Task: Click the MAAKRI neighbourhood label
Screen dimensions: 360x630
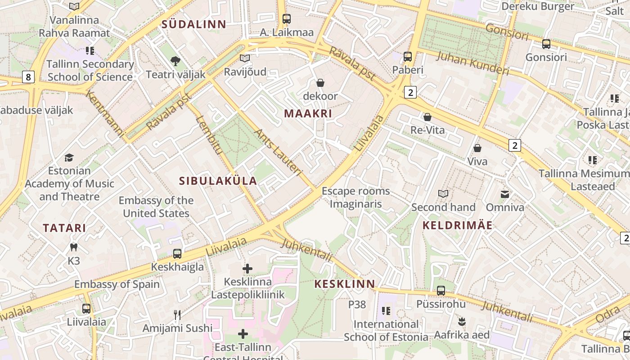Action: pyautogui.click(x=308, y=113)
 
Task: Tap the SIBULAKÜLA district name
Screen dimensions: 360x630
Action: pyautogui.click(x=218, y=181)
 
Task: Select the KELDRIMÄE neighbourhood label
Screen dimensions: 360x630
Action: pyautogui.click(x=458, y=225)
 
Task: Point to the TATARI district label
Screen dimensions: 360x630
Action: pyautogui.click(x=64, y=228)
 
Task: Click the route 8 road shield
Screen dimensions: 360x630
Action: pyautogui.click(x=28, y=77)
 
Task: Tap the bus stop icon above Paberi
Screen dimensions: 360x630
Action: pyautogui.click(x=408, y=57)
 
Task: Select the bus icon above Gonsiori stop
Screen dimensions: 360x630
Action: pyautogui.click(x=546, y=44)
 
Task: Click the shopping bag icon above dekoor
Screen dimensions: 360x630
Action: pyautogui.click(x=320, y=83)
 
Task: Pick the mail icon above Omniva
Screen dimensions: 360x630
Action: pyautogui.click(x=505, y=194)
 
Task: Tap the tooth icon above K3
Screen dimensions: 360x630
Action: pyautogui.click(x=74, y=247)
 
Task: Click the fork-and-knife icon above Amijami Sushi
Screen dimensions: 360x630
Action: pyautogui.click(x=177, y=315)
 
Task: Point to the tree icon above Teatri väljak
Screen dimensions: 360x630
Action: pyautogui.click(x=175, y=61)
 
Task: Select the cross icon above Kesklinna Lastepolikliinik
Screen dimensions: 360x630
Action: pyautogui.click(x=247, y=269)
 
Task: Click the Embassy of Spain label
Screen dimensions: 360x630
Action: pyautogui.click(x=117, y=284)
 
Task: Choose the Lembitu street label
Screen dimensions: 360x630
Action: pyautogui.click(x=210, y=135)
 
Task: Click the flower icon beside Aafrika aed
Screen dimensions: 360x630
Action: pyautogui.click(x=461, y=322)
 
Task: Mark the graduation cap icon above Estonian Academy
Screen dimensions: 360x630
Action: pyautogui.click(x=69, y=157)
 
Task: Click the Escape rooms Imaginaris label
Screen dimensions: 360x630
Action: pyautogui.click(x=355, y=198)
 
